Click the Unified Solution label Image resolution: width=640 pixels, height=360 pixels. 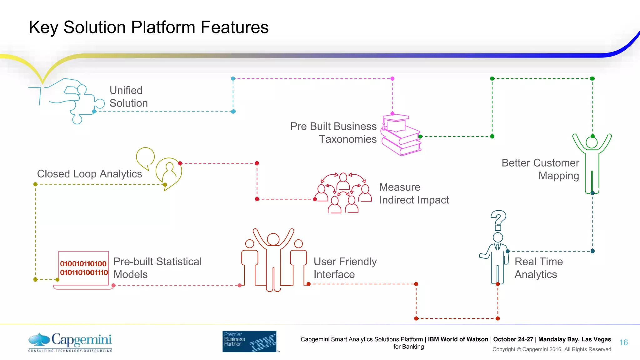pos(128,97)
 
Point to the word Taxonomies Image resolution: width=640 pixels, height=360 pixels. pos(347,139)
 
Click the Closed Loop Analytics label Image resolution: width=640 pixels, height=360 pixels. pos(89,174)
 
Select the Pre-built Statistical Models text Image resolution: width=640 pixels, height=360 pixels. pos(157,268)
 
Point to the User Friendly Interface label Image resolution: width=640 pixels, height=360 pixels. pos(345,268)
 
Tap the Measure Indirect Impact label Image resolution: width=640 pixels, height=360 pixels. pos(414,193)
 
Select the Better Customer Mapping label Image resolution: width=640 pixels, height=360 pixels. pos(541,169)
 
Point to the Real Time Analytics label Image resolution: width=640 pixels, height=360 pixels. pos(538,268)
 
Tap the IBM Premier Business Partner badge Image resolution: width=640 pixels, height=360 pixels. pos(249,341)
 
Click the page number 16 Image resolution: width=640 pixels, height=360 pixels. pos(623,342)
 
